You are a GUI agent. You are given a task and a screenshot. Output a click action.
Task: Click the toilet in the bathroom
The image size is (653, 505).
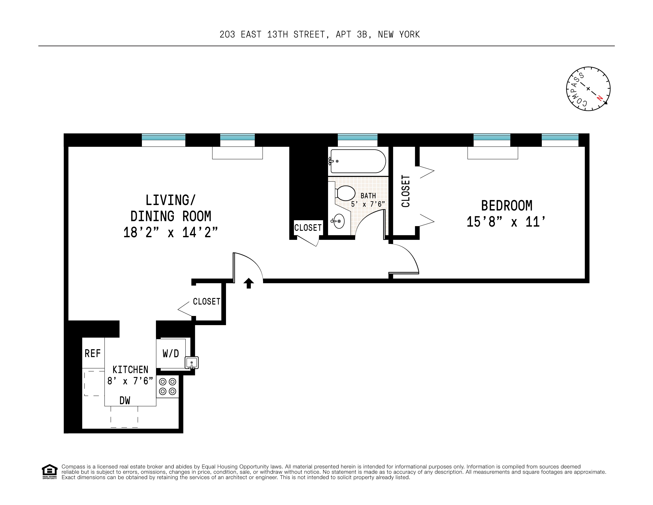pyautogui.click(x=345, y=193)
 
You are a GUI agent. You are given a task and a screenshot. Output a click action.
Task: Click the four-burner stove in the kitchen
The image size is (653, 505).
pyautogui.click(x=167, y=387)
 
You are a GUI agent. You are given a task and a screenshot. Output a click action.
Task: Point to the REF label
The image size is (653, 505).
pyautogui.click(x=93, y=354)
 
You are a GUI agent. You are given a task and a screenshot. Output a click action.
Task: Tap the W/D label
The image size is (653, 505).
pyautogui.click(x=171, y=354)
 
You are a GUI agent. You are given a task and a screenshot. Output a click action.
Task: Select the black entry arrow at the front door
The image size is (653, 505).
pyautogui.click(x=249, y=283)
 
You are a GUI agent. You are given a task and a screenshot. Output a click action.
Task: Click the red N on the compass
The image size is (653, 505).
pyautogui.click(x=599, y=98)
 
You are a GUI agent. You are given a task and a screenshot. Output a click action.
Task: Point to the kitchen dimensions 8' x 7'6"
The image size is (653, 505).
pyautogui.click(x=130, y=381)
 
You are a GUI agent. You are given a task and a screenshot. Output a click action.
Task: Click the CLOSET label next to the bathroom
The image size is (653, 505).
pyautogui.click(x=308, y=228)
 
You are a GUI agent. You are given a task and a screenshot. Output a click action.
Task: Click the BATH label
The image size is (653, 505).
pyautogui.click(x=368, y=196)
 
